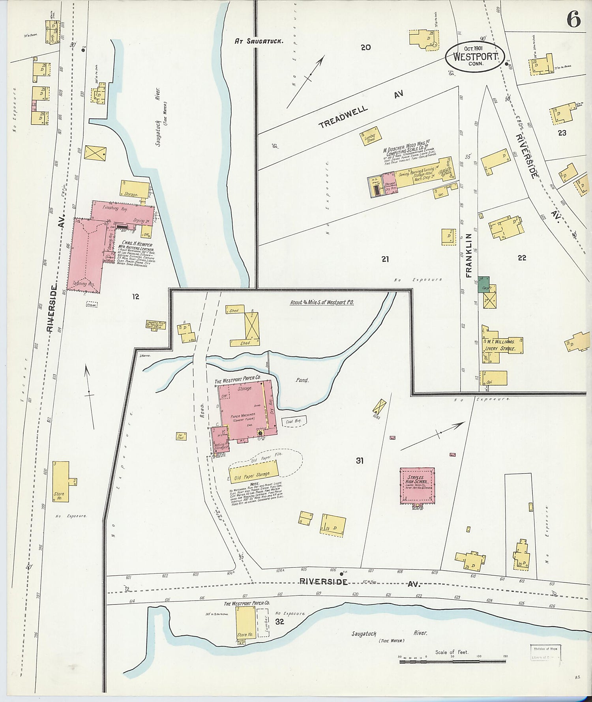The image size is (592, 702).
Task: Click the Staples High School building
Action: click(417, 485)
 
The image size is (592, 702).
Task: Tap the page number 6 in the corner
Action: click(573, 19)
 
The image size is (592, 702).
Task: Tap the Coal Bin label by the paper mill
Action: click(294, 421)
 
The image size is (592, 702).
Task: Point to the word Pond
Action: click(302, 380)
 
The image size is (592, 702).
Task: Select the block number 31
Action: click(360, 461)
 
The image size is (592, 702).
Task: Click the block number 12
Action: click(135, 296)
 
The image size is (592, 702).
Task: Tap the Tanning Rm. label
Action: click(83, 283)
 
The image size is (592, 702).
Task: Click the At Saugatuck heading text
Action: click(259, 41)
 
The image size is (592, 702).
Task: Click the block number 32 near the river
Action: click(280, 622)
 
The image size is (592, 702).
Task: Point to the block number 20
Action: click(365, 47)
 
